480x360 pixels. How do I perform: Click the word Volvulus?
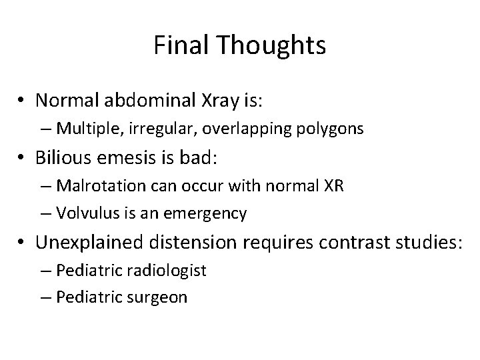83,213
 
